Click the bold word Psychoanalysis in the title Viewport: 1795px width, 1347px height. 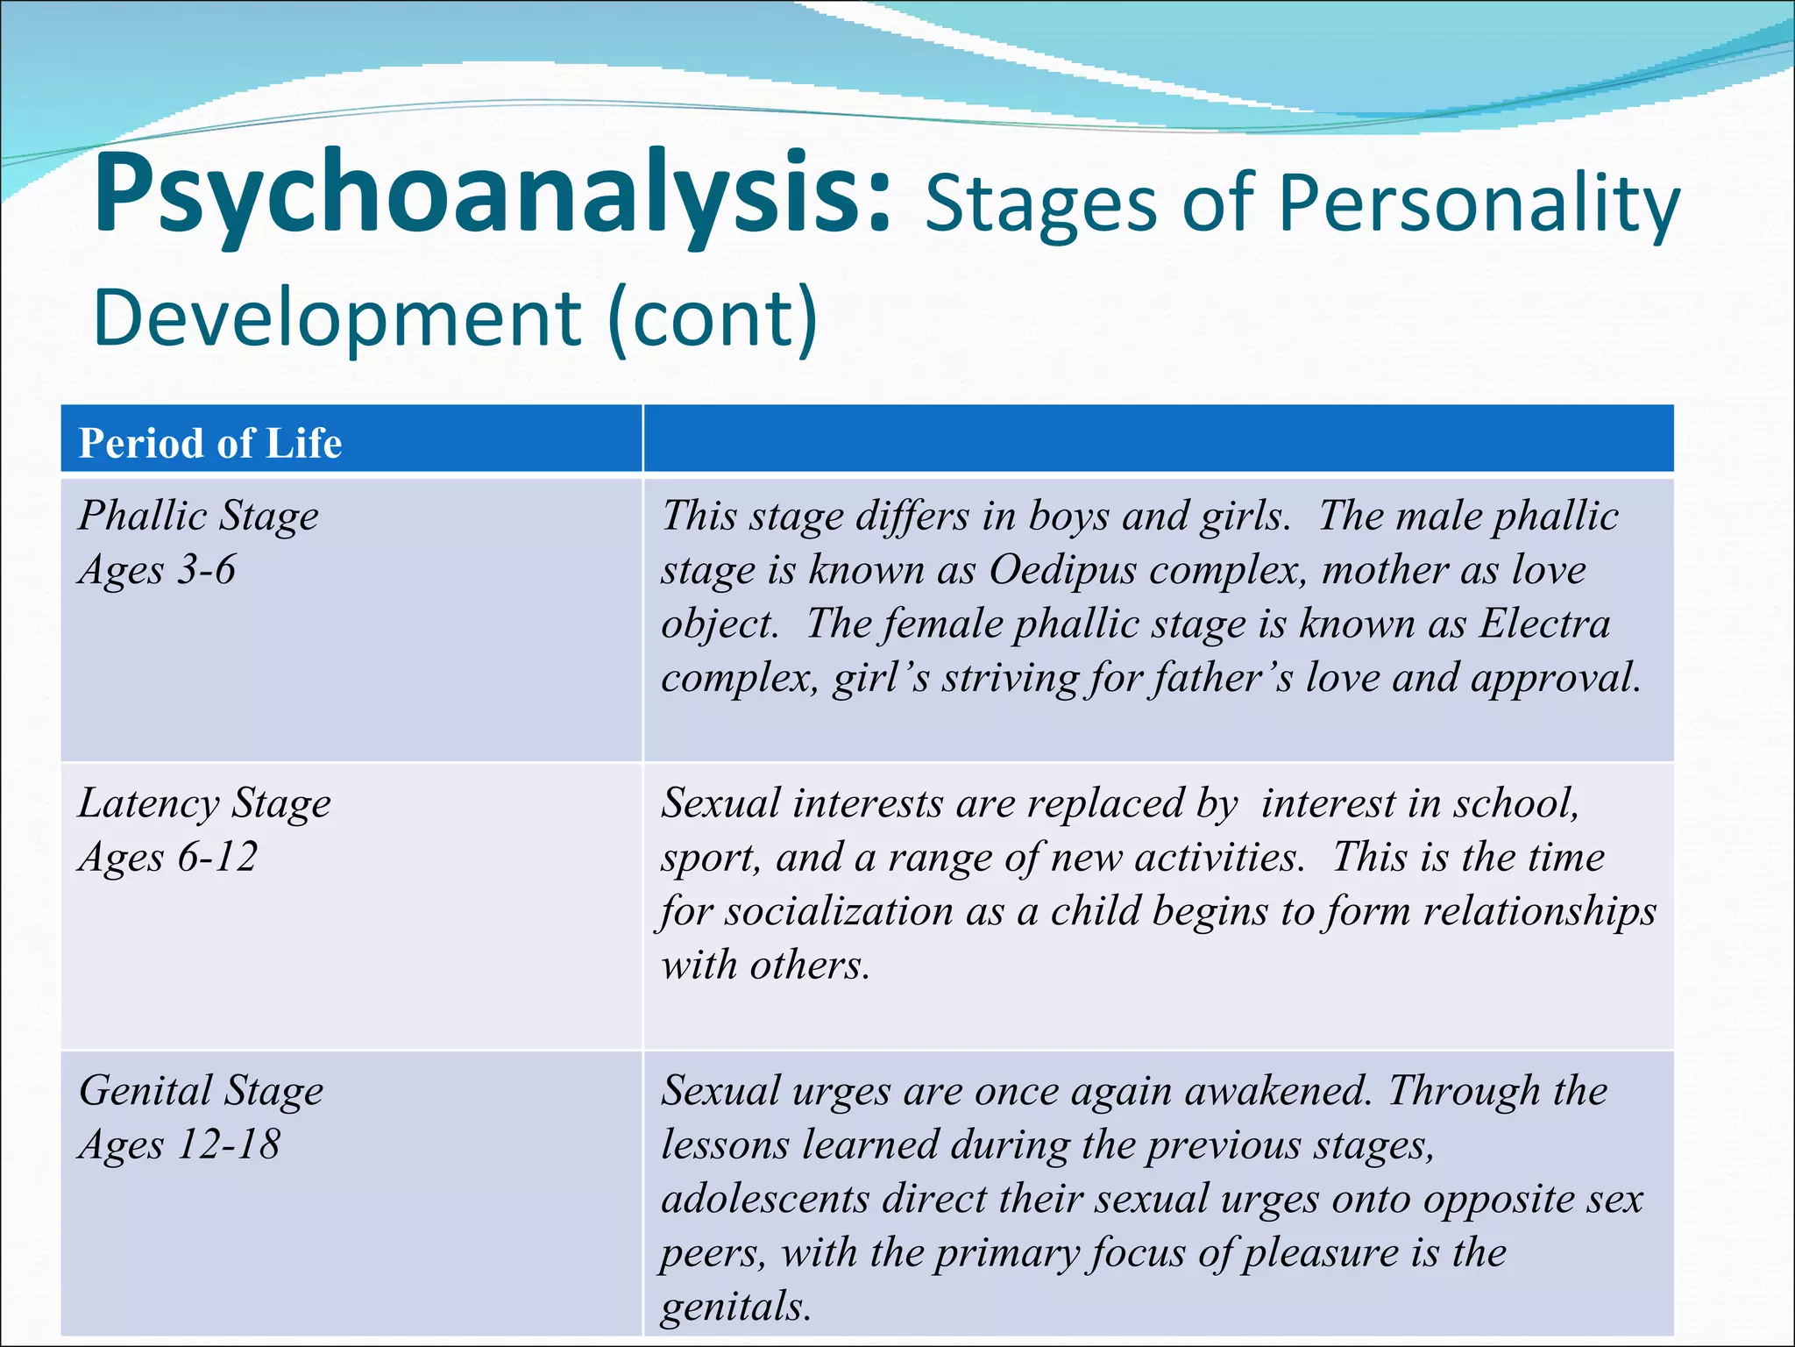pos(491,195)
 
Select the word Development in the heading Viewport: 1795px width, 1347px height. pos(337,317)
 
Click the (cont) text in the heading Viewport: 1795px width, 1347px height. pos(713,317)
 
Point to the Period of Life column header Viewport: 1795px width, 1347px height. pos(210,443)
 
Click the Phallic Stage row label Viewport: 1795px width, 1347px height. pos(199,516)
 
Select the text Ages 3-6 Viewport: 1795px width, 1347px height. pos(158,570)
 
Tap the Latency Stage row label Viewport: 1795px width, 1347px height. pos(205,803)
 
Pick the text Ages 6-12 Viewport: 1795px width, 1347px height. pos(168,857)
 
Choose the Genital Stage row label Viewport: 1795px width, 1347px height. pos(202,1091)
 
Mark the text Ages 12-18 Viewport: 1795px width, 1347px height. pos(180,1144)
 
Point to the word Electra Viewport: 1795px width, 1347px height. pos(1544,624)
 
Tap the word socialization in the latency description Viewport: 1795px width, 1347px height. pos(839,911)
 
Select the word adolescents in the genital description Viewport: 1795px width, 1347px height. pos(765,1199)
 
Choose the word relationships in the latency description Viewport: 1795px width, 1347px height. pos(1539,911)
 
